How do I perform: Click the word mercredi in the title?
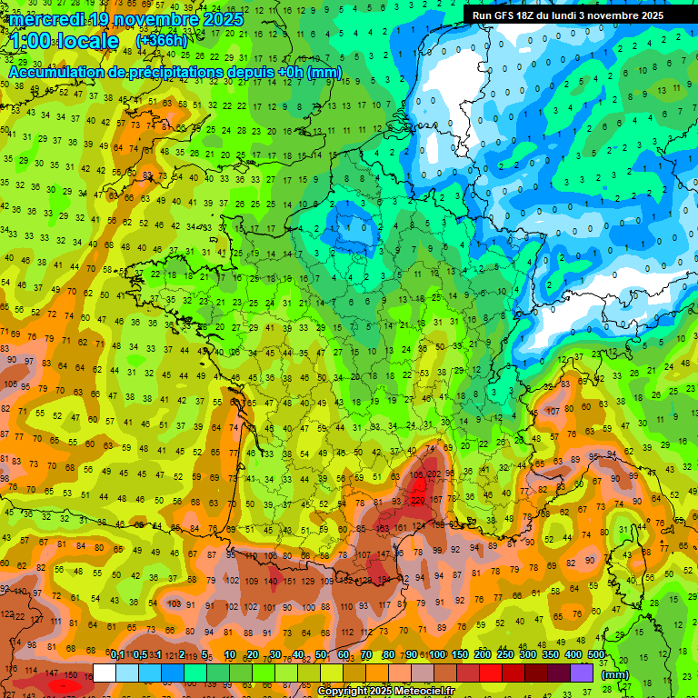[x=47, y=19]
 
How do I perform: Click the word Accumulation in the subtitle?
[x=57, y=72]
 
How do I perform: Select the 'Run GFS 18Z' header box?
[x=568, y=15]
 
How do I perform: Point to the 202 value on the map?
[x=434, y=474]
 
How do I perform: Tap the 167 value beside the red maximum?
[x=437, y=499]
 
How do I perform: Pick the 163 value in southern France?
[x=384, y=527]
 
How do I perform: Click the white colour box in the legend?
[x=104, y=673]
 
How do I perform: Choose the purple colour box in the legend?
[x=582, y=673]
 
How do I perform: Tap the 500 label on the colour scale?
[x=596, y=654]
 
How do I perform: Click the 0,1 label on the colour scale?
[x=117, y=654]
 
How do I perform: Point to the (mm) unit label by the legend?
[x=615, y=674]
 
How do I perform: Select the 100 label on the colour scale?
[x=437, y=654]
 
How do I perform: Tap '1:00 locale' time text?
[x=64, y=41]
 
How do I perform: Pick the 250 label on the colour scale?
[x=505, y=654]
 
